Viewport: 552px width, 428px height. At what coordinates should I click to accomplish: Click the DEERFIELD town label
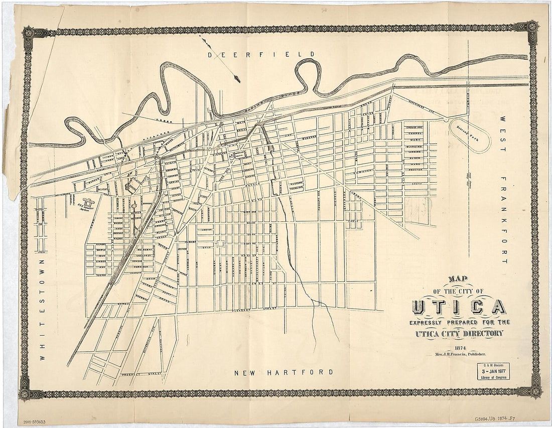pyautogui.click(x=261, y=54)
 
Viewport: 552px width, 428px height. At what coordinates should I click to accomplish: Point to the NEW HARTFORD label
pyautogui.click(x=284, y=372)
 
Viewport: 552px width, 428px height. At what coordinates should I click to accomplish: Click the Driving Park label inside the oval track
pyautogui.click(x=469, y=134)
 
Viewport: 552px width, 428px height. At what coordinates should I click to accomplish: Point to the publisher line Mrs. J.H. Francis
pyautogui.click(x=457, y=354)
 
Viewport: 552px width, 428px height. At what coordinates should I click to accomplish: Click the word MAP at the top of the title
pyautogui.click(x=458, y=279)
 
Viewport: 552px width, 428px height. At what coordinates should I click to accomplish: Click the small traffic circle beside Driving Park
pyautogui.click(x=446, y=119)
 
